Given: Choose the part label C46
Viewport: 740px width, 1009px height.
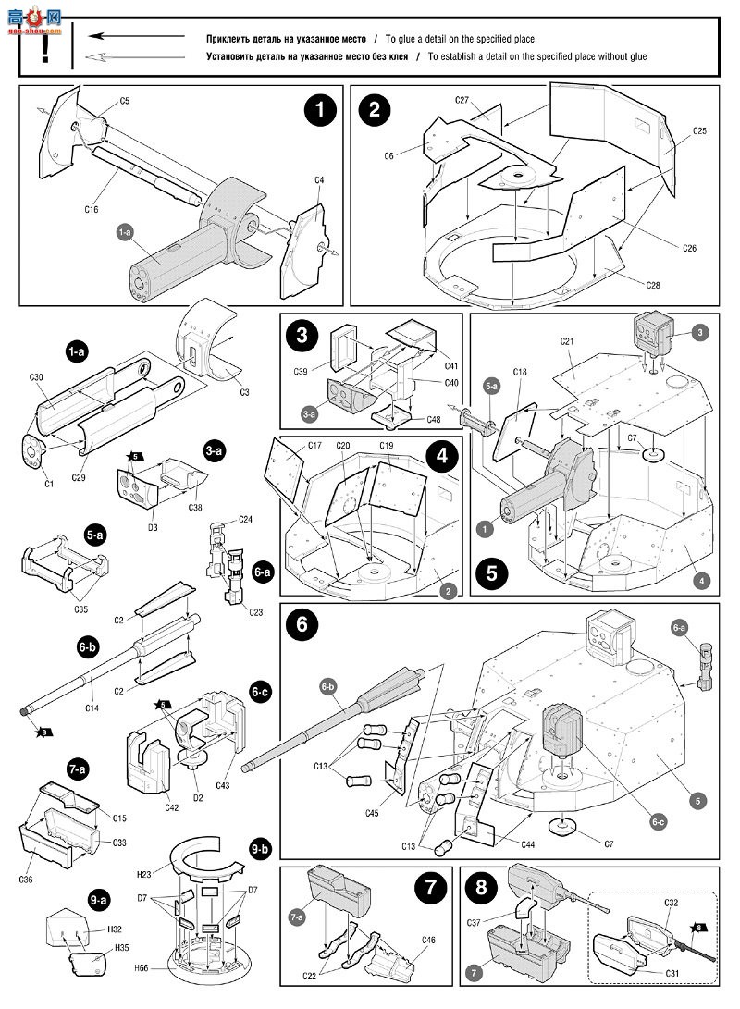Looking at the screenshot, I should [427, 940].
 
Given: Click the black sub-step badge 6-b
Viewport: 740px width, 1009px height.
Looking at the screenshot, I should [89, 648].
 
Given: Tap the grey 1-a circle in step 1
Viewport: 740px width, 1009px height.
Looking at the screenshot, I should [125, 235].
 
